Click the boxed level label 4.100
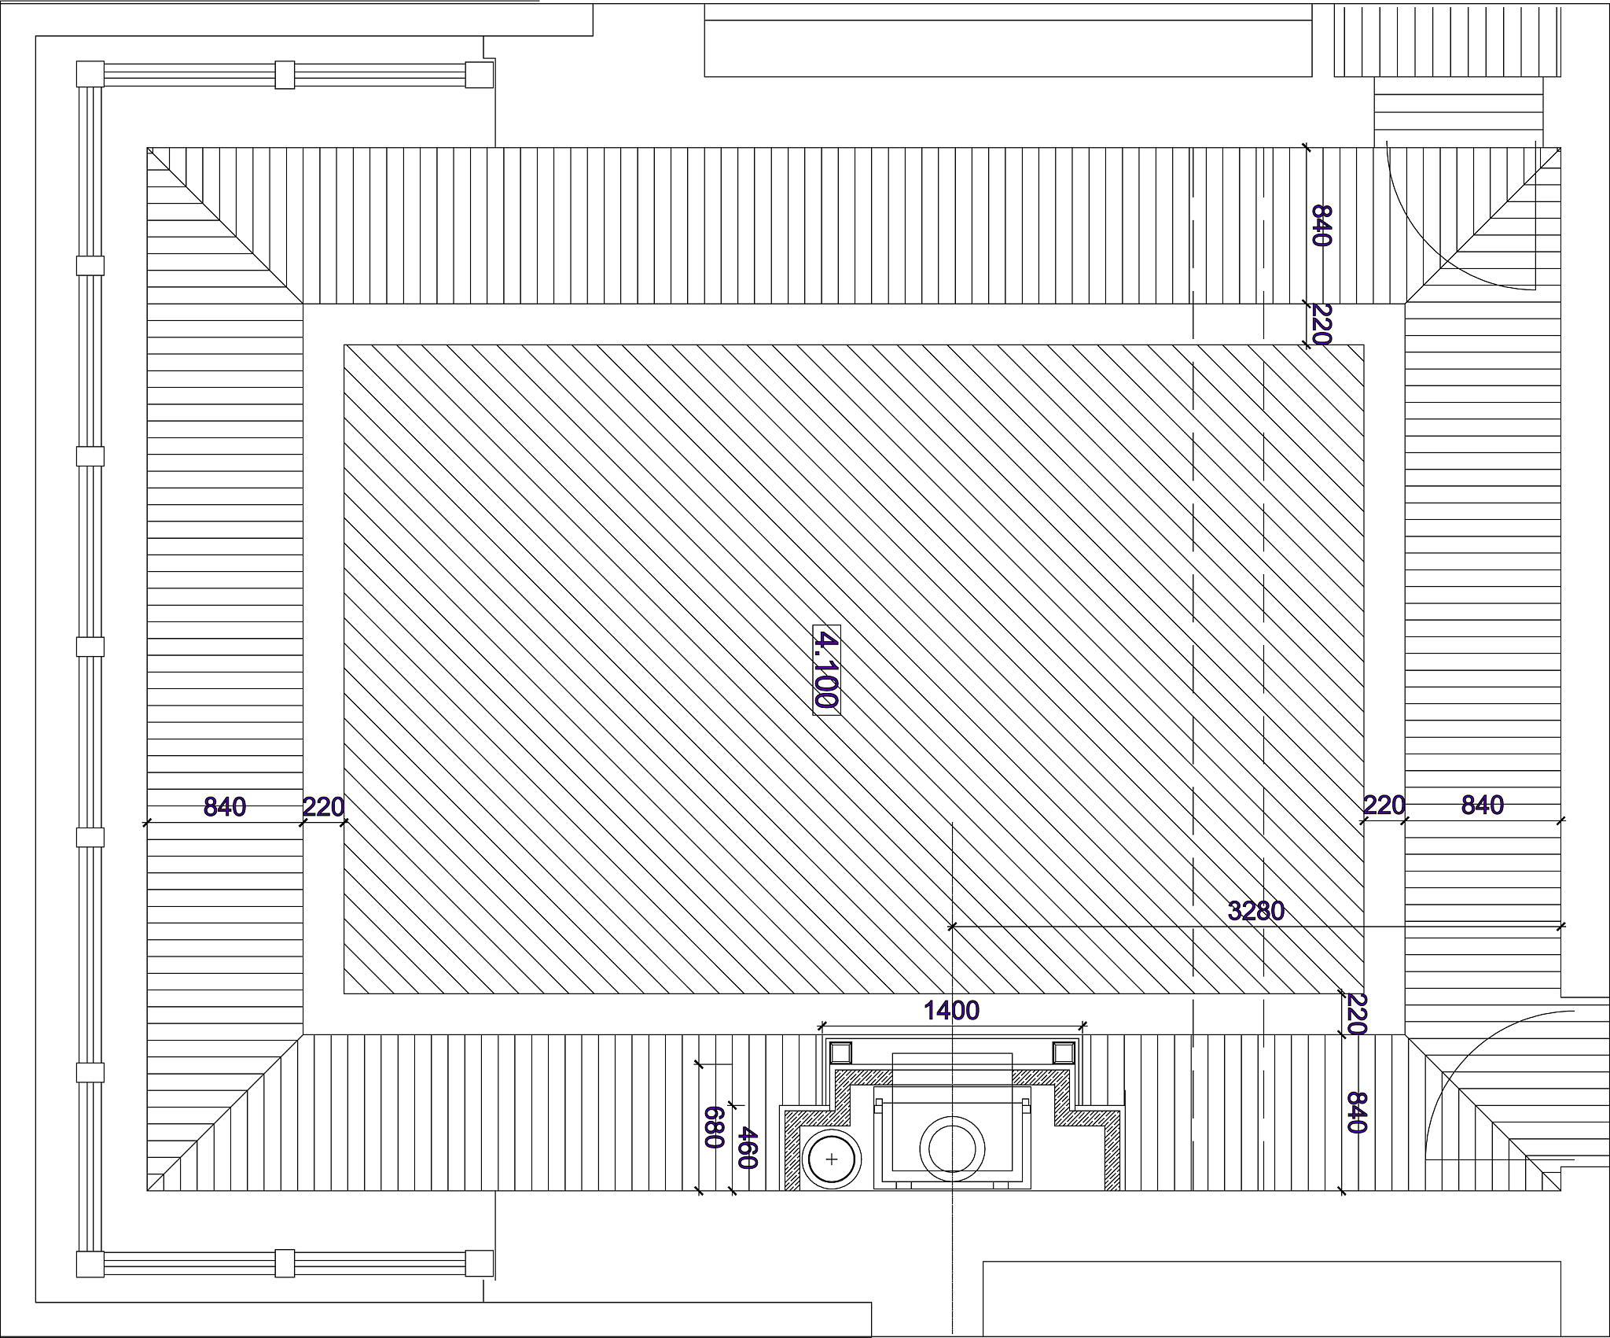tap(826, 670)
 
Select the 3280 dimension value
tap(1255, 911)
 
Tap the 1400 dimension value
tap(951, 1010)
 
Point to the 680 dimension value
tap(713, 1127)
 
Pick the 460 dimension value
tap(748, 1148)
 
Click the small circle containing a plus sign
tap(832, 1159)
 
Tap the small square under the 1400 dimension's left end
tap(840, 1052)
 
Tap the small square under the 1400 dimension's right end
tap(1063, 1052)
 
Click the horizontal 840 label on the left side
tap(225, 806)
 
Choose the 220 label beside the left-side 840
tap(324, 806)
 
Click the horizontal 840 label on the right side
tap(1483, 805)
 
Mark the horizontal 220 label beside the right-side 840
tap(1384, 805)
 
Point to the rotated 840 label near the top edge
tap(1321, 226)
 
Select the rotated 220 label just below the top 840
tap(1321, 325)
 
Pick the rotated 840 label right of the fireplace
tap(1357, 1112)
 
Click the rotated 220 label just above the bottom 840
tap(1357, 1014)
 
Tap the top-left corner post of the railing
tap(90, 75)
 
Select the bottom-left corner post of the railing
tap(90, 1264)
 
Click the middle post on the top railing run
tap(285, 75)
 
